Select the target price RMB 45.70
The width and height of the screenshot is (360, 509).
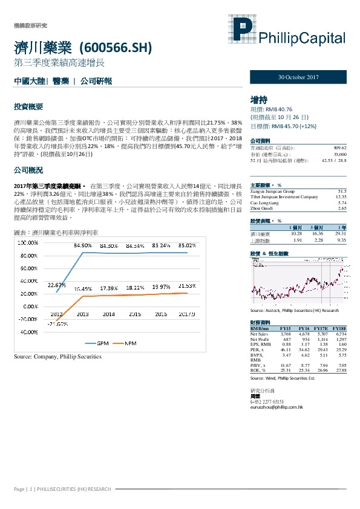[284, 127]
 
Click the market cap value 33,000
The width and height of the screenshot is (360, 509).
[339, 154]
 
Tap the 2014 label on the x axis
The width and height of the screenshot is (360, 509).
[108, 314]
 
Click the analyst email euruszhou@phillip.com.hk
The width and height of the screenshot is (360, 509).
[276, 408]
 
